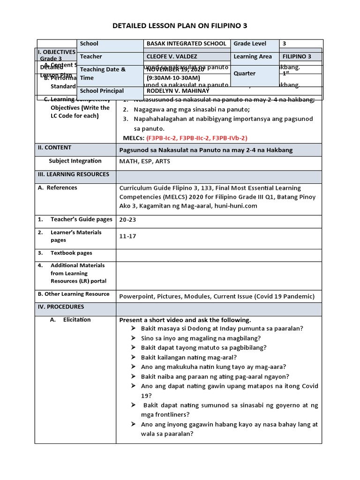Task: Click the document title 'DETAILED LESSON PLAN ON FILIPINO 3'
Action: [x=180, y=25]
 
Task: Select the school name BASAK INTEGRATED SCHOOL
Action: [x=187, y=44]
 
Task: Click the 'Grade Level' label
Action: [x=250, y=44]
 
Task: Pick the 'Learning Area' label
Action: [x=253, y=57]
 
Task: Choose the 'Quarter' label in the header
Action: [x=245, y=74]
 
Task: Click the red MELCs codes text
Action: [x=197, y=138]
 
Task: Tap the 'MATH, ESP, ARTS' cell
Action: [x=143, y=161]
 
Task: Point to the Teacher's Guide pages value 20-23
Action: [x=129, y=219]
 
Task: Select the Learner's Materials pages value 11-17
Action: [x=127, y=236]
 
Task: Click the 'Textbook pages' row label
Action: [x=71, y=253]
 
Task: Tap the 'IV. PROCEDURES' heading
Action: [x=61, y=307]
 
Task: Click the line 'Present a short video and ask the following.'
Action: [x=185, y=320]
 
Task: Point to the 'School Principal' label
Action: [x=102, y=91]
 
